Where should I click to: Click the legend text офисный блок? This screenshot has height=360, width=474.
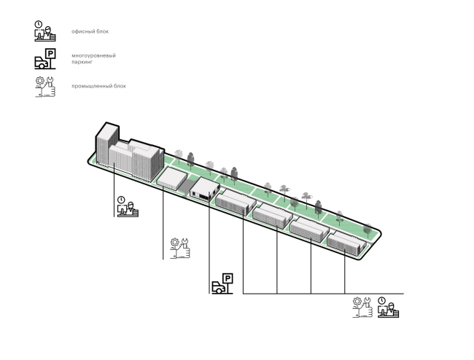[90, 31]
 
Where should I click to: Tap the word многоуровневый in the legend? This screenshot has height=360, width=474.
[93, 55]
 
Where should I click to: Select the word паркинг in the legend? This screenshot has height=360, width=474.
[82, 62]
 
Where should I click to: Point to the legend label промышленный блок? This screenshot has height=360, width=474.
[98, 86]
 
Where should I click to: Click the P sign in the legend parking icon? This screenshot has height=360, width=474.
[50, 53]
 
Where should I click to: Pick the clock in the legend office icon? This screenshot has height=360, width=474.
[39, 24]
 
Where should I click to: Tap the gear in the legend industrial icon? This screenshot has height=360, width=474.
[40, 80]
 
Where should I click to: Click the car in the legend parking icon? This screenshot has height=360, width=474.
[42, 63]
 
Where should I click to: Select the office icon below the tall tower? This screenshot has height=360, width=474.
[128, 206]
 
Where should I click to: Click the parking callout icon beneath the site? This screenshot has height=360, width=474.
[222, 283]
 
